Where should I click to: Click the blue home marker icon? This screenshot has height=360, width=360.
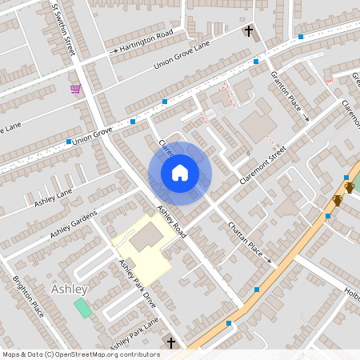pyautogui.click(x=180, y=173)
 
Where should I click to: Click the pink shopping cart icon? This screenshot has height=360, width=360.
pyautogui.click(x=75, y=89)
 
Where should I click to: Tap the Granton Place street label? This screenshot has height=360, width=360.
pyautogui.click(x=290, y=94)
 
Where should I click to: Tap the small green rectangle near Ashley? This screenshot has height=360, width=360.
pyautogui.click(x=82, y=307)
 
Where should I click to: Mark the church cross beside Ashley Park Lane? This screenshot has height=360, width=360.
pyautogui.click(x=170, y=342)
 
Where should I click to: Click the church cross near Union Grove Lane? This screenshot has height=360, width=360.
pyautogui.click(x=248, y=32)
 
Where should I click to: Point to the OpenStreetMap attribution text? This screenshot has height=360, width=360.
pyautogui.click(x=80, y=354)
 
